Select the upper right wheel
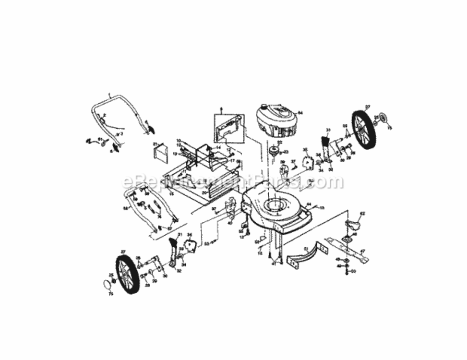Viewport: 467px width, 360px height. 363,130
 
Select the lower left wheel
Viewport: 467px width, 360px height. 128,273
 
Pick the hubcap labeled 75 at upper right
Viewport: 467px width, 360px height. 384,118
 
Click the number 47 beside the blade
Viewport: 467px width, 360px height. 363,251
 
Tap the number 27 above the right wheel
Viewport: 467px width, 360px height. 368,107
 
